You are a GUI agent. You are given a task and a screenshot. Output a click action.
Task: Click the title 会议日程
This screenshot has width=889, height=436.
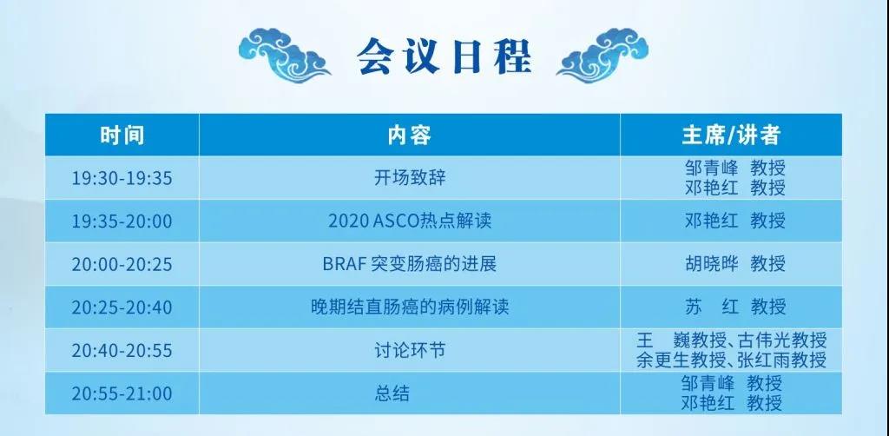pyautogui.click(x=444, y=56)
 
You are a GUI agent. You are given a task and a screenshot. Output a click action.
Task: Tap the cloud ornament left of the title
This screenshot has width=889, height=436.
pyautogui.click(x=284, y=55)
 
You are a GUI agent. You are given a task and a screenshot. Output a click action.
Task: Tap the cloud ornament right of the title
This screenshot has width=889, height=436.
pyautogui.click(x=603, y=55)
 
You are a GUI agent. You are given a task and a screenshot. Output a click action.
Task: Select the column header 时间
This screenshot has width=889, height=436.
pyautogui.click(x=122, y=135)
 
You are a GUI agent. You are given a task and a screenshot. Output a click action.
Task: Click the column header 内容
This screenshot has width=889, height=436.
pyautogui.click(x=410, y=135)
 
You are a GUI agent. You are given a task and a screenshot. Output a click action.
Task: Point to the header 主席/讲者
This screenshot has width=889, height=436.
pyautogui.click(x=731, y=135)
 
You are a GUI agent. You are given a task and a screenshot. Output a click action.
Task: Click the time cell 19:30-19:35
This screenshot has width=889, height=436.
pyautogui.click(x=122, y=178)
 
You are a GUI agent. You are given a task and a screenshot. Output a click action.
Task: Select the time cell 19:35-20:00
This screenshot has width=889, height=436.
pyautogui.click(x=122, y=221)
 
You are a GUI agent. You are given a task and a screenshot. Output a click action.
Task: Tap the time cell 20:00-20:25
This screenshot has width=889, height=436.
pyautogui.click(x=122, y=264)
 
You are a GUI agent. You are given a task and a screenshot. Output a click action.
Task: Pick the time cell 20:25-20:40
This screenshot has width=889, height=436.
pyautogui.click(x=122, y=307)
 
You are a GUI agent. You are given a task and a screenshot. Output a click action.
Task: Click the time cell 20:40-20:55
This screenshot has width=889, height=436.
pyautogui.click(x=122, y=350)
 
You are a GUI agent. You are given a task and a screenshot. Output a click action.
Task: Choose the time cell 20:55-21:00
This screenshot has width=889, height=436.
pyautogui.click(x=122, y=393)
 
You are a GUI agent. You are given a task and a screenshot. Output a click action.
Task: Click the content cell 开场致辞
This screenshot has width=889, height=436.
pyautogui.click(x=410, y=178)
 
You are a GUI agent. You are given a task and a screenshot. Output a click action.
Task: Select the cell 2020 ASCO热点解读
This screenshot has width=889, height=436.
pyautogui.click(x=410, y=221)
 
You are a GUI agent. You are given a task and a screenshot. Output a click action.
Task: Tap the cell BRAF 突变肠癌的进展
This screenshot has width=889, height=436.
pyautogui.click(x=410, y=264)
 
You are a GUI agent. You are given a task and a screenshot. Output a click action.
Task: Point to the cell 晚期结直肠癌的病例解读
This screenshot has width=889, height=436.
pyautogui.click(x=410, y=307)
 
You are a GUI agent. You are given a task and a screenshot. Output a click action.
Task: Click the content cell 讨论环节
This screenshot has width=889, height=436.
pyautogui.click(x=410, y=350)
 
